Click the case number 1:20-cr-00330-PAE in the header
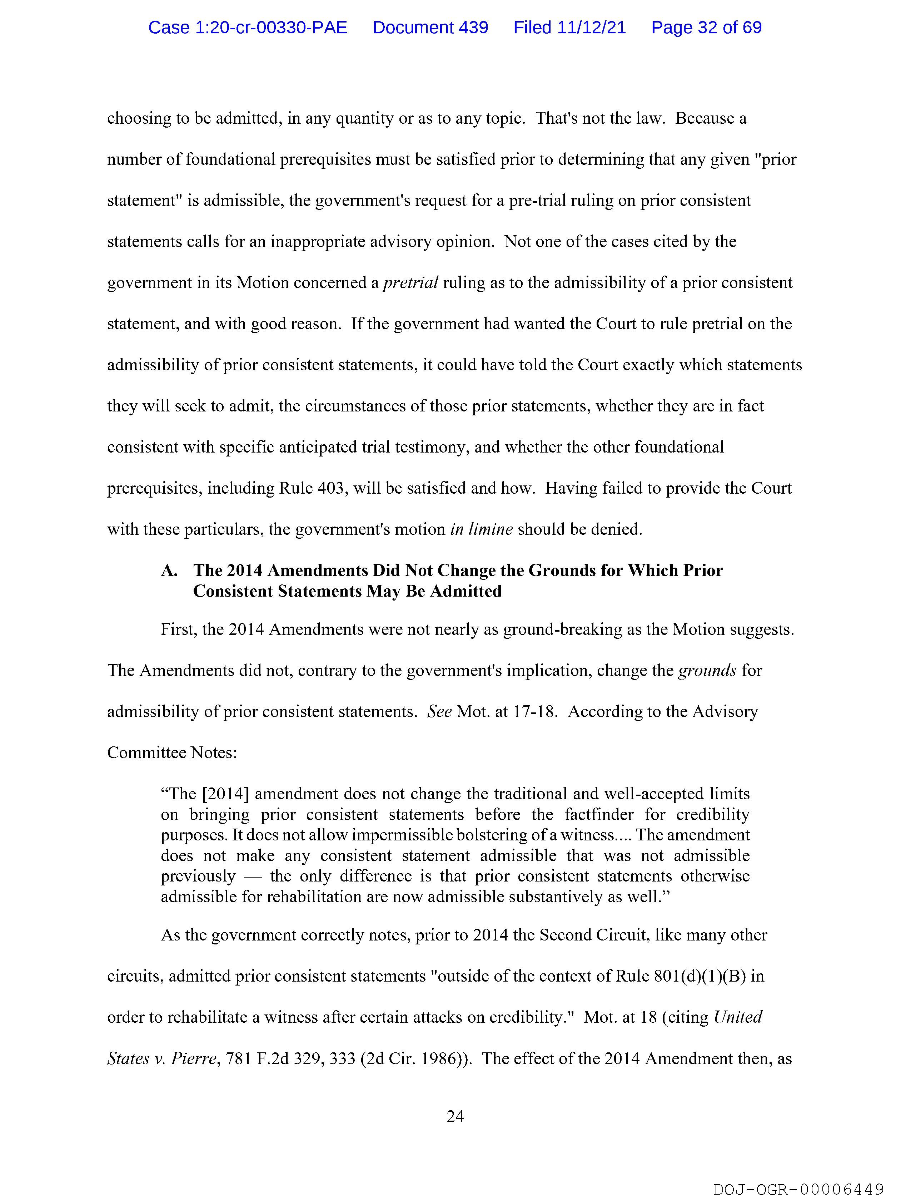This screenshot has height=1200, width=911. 248,28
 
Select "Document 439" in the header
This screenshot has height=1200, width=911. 430,28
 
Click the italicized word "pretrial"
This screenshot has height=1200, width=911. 410,283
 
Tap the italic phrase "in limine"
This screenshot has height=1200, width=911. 481,529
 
